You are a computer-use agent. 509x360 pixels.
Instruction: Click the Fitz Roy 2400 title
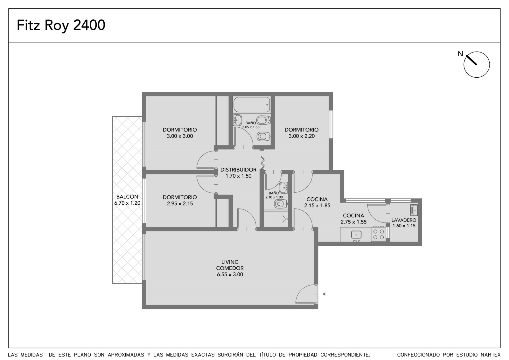[x=61, y=25]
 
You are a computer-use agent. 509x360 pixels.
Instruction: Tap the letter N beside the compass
[x=460, y=54]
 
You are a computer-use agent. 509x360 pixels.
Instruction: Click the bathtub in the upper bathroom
[x=252, y=105]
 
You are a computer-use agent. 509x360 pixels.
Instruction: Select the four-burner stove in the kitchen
[x=379, y=234]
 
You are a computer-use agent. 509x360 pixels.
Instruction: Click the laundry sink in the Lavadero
[x=414, y=210]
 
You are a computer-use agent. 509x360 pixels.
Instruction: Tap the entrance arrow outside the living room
[x=324, y=294]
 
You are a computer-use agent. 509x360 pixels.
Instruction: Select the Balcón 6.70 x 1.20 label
[x=127, y=200]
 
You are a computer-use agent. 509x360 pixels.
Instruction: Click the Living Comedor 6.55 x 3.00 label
[x=230, y=268]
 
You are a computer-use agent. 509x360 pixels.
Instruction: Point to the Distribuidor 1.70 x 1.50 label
[x=238, y=173]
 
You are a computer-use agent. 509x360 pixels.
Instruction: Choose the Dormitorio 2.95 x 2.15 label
[x=180, y=200]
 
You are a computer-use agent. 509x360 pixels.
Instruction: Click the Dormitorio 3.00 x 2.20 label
[x=302, y=133]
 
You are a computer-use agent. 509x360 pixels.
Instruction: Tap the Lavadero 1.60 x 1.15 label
[x=404, y=223]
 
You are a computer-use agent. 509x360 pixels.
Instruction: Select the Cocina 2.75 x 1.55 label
[x=353, y=219]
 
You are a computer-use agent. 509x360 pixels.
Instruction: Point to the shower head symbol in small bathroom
[x=284, y=219]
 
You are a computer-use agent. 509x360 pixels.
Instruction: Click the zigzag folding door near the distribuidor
[x=263, y=163]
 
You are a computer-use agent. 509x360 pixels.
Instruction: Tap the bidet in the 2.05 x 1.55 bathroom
[x=263, y=120]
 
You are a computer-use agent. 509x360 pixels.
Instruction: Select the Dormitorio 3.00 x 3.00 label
[x=180, y=133]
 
